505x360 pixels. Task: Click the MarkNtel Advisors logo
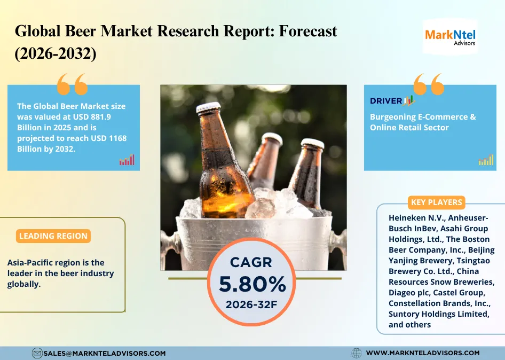point(450,37)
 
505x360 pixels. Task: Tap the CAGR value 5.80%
point(253,284)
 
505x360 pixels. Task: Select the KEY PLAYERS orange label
point(436,202)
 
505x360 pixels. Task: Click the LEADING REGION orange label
point(53,236)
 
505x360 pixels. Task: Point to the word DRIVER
point(386,101)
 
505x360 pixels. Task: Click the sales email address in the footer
point(104,353)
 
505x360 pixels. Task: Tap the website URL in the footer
point(423,353)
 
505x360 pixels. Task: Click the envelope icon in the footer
point(37,353)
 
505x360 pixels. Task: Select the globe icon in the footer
point(356,353)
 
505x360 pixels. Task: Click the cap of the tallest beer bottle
point(208,108)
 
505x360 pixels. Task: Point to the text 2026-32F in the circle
point(251,304)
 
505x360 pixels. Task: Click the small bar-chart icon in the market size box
point(127,160)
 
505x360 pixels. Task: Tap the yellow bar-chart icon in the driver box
point(486,160)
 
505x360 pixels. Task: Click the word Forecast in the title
point(308,32)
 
